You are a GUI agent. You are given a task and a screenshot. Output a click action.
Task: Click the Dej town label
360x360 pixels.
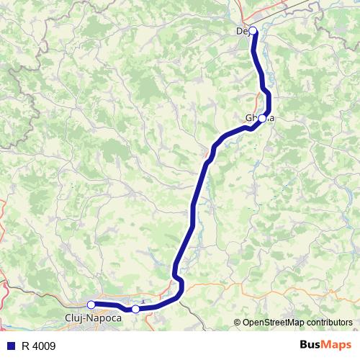pyautogui.click(x=243, y=31)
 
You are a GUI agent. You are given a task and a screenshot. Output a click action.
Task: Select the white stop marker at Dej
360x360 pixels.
pyautogui.click(x=253, y=31)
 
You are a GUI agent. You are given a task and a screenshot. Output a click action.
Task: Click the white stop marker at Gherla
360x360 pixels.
pyautogui.click(x=263, y=118)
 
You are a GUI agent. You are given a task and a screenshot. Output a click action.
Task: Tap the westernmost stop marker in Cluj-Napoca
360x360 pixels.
pyautogui.click(x=91, y=305)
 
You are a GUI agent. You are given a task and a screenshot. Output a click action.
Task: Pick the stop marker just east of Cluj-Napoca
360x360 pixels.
pyautogui.click(x=135, y=309)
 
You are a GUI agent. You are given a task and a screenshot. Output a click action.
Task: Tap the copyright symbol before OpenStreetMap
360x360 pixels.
pyautogui.click(x=238, y=323)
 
